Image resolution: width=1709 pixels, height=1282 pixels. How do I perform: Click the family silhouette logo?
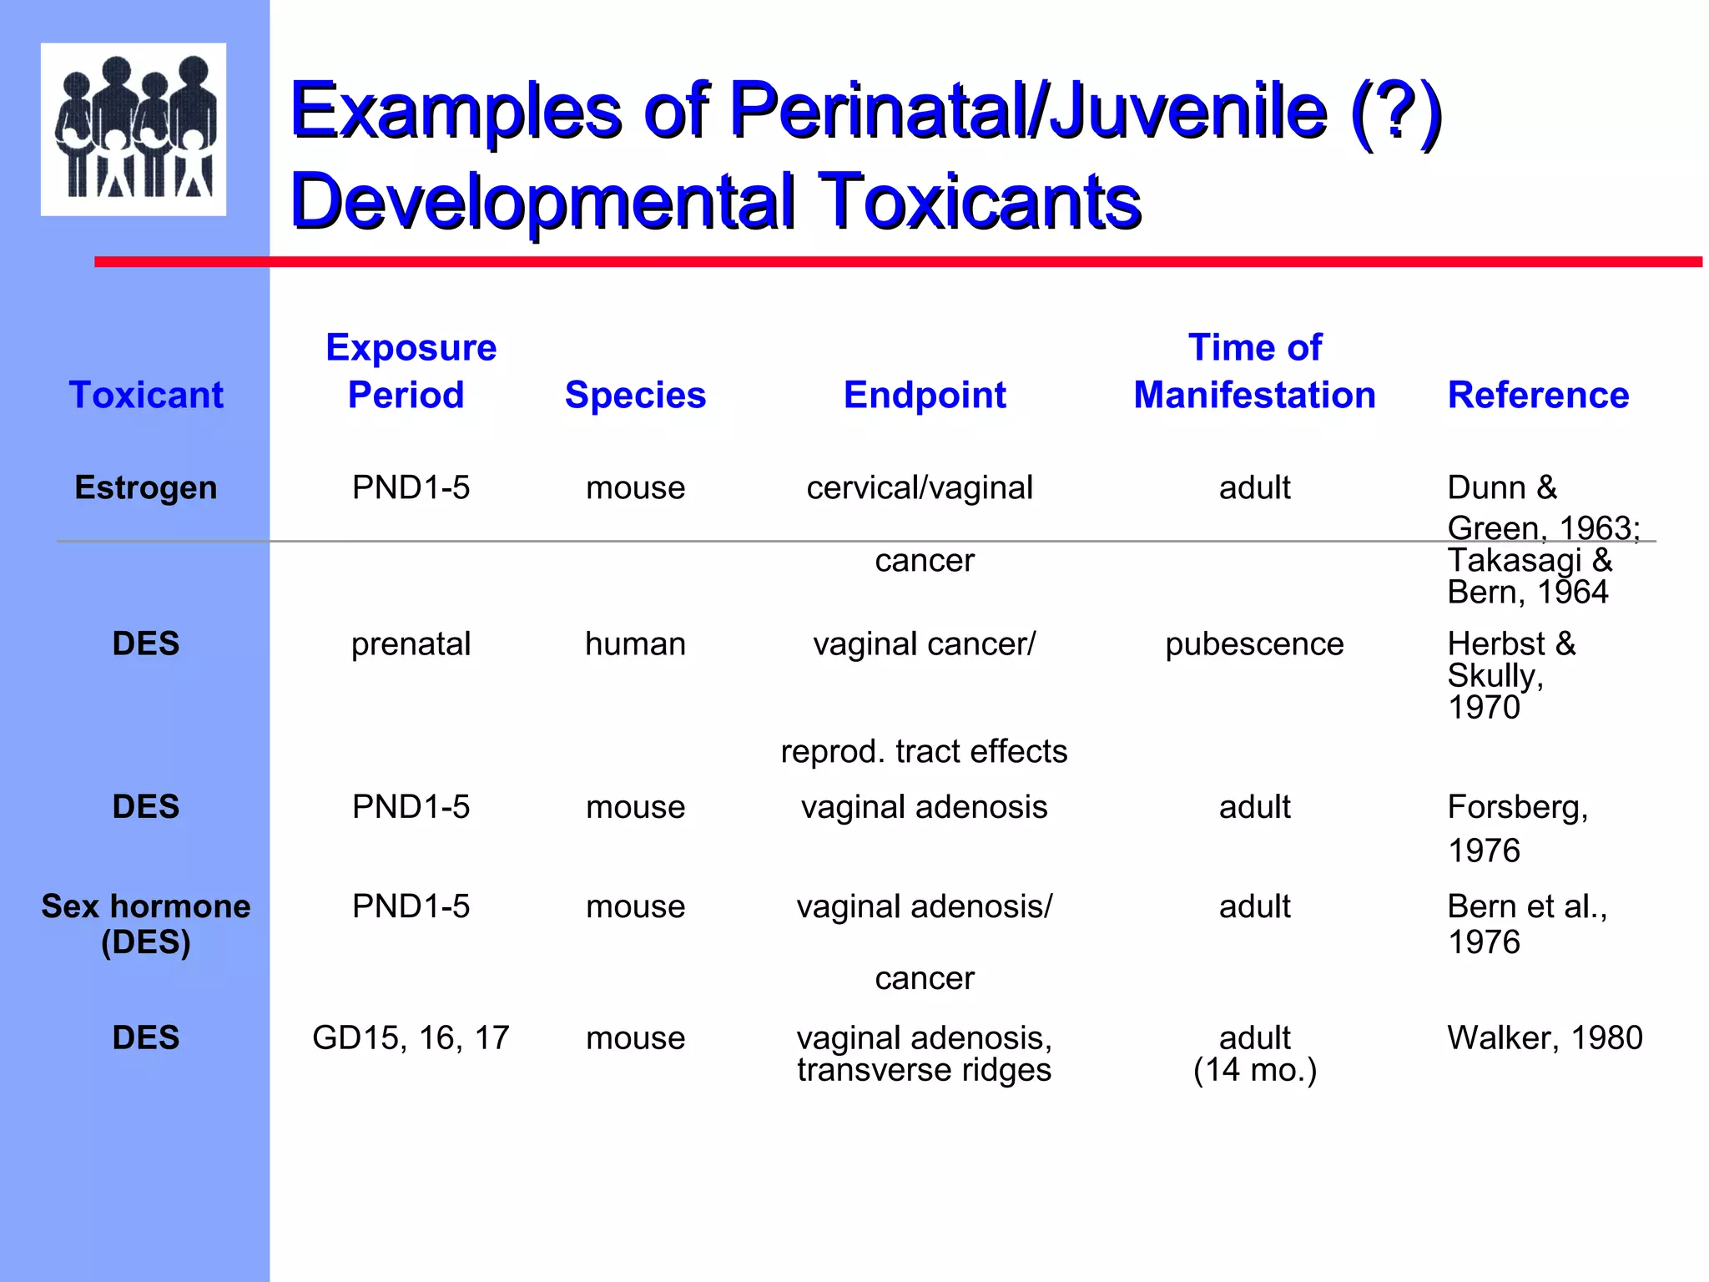[x=134, y=129]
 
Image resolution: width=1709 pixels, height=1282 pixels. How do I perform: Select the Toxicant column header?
[x=146, y=395]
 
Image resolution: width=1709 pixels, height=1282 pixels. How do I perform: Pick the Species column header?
[x=635, y=395]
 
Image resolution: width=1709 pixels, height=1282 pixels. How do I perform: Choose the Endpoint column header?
[x=925, y=395]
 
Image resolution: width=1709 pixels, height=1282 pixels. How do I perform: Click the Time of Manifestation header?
[x=1254, y=371]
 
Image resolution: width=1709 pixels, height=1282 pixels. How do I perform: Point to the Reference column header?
[x=1538, y=395]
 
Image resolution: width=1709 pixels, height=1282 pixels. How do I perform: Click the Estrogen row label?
[x=146, y=487]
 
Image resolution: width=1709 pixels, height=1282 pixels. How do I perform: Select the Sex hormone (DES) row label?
[x=146, y=924]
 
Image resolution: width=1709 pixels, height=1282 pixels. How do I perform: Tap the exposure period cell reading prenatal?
[x=411, y=644]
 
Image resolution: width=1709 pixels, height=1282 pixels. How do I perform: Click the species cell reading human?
[x=635, y=644]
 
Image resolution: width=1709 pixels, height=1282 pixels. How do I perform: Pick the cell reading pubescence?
[x=1254, y=644]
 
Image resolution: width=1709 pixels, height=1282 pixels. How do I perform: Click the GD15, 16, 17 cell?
[x=411, y=1038]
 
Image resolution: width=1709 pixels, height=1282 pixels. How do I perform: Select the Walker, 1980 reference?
[x=1544, y=1038]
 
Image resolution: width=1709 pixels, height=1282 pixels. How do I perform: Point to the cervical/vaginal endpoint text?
[x=920, y=487]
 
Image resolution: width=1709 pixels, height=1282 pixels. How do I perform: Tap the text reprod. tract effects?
[x=924, y=751]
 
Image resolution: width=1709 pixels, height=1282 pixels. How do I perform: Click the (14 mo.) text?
[x=1254, y=1070]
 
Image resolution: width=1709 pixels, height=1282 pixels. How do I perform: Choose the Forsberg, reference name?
[x=1517, y=807]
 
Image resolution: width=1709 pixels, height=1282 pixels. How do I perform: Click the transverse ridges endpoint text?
[x=924, y=1070]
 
